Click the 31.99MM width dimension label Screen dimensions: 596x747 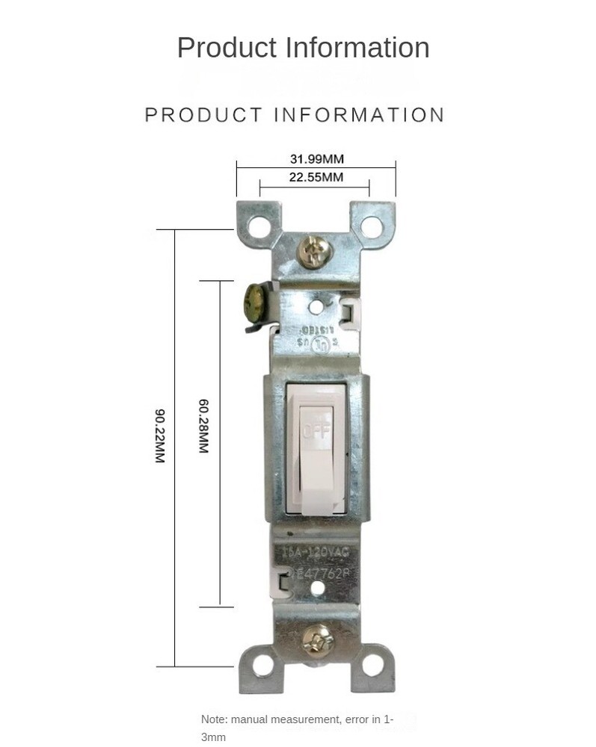(316, 158)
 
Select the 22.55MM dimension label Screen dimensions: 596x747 (316, 177)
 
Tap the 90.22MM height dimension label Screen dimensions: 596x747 (159, 436)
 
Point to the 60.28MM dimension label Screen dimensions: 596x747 (203, 426)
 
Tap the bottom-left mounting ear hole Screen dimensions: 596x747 (262, 665)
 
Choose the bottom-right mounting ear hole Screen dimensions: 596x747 (372, 665)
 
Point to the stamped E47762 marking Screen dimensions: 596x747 (323, 572)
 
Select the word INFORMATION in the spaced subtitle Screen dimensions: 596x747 (360, 115)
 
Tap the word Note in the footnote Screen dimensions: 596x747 (213, 719)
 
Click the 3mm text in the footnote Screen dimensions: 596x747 (213, 737)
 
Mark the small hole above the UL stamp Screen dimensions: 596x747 (317, 305)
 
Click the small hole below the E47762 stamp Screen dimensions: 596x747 (318, 588)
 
